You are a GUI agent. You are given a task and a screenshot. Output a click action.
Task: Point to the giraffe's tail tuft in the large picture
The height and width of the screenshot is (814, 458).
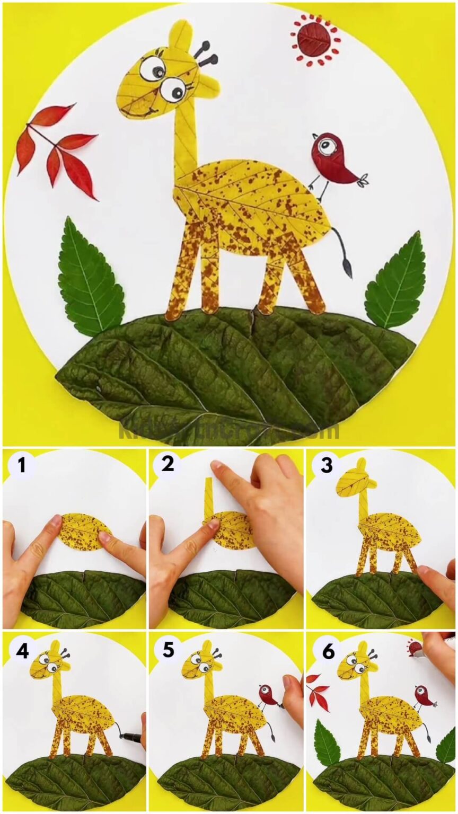point(347,268)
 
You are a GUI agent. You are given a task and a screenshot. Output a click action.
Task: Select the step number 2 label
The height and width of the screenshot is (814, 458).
point(168,464)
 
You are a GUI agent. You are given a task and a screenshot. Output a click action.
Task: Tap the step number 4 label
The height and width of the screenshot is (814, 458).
point(22,650)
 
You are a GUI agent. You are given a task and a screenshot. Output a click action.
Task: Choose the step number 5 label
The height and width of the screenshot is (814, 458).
point(168,650)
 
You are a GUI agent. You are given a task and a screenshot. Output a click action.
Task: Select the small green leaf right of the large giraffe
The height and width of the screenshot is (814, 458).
point(397,282)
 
